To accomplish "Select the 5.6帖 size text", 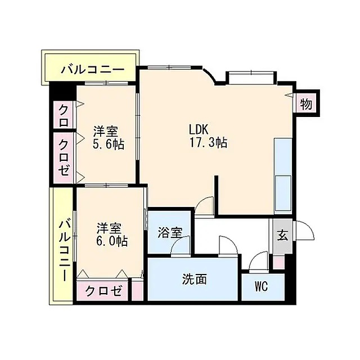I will point(109,145).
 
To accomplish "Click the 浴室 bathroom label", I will point(168,232).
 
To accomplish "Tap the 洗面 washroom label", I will point(194,278).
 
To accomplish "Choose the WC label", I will point(260,286).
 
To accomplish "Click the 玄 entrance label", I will point(282,235).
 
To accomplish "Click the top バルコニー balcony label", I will point(92,70).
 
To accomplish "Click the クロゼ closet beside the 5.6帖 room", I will point(64,157).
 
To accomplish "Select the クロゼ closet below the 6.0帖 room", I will point(103,291).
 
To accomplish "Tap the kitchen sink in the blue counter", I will point(282,186).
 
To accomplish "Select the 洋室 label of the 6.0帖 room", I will point(109,228).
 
